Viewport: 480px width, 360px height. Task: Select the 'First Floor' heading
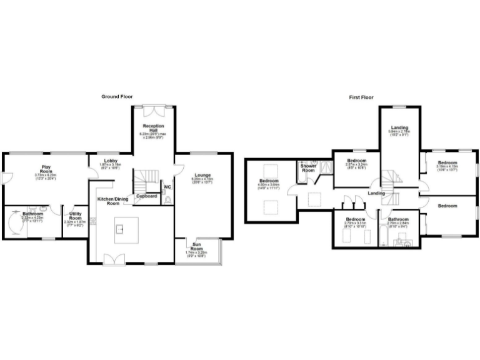(361, 97)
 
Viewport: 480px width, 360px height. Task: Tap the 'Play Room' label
(46, 169)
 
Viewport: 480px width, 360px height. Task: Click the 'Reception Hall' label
(152, 128)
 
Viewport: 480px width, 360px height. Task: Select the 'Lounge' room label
(202, 175)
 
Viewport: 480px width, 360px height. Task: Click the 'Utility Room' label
(75, 215)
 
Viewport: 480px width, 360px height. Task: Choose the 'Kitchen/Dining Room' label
(108, 201)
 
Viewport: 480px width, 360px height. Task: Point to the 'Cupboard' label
(146, 196)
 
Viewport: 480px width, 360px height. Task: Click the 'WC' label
(167, 186)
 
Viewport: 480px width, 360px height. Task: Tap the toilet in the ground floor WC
(169, 200)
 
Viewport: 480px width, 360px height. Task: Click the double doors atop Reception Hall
(152, 111)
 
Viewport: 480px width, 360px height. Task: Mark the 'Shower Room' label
(308, 168)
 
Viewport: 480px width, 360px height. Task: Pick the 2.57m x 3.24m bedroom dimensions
(356, 166)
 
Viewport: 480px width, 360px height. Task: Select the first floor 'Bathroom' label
(398, 219)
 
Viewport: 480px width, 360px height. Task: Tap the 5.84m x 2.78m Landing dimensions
(399, 132)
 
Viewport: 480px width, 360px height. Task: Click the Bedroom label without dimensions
(447, 206)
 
